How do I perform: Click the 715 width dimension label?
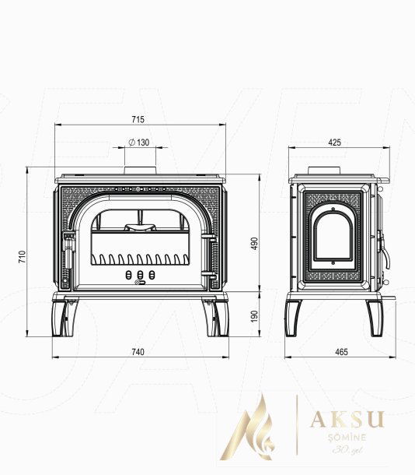138,119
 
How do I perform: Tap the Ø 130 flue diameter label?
139,142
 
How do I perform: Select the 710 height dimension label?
23,256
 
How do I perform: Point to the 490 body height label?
256,243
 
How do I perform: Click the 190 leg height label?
256,316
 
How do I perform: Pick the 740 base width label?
138,352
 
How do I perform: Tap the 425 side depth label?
334,142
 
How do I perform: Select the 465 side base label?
341,352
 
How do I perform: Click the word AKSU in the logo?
347,419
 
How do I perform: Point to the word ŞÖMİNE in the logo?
347,437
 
